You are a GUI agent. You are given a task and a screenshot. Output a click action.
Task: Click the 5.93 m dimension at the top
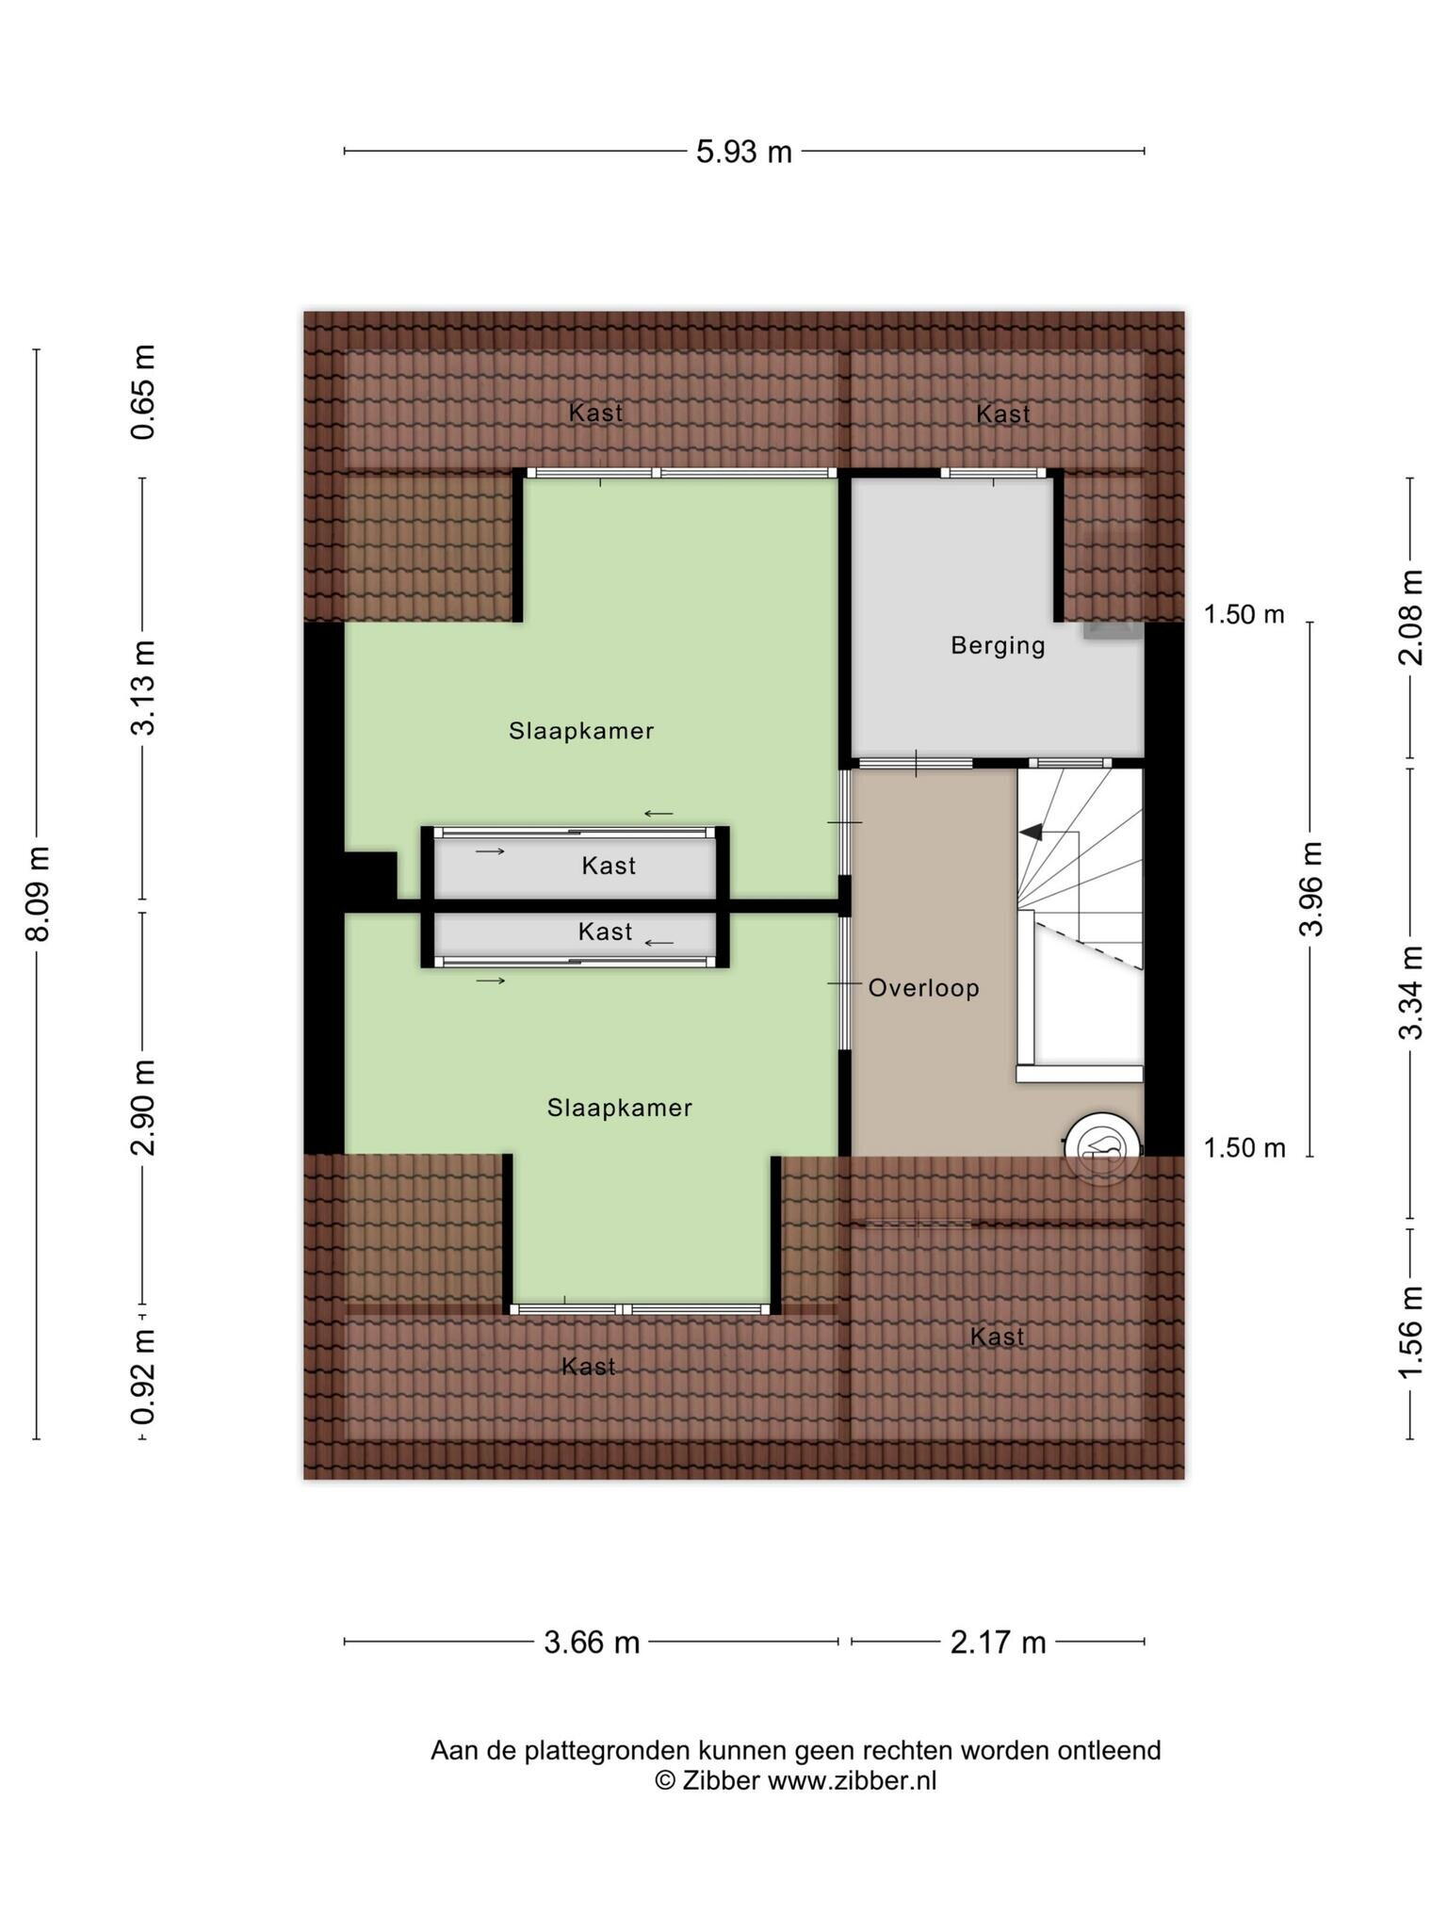click(743, 152)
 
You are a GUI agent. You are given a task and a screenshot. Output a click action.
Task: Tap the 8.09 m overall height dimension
click(39, 893)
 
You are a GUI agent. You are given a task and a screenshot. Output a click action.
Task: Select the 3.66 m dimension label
click(592, 1643)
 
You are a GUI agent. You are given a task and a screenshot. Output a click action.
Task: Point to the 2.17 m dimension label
click(998, 1643)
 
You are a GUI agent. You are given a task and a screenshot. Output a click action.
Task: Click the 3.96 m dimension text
click(1311, 888)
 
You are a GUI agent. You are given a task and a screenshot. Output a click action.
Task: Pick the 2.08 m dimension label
click(1410, 618)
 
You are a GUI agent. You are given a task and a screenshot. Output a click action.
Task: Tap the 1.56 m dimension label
click(1410, 1333)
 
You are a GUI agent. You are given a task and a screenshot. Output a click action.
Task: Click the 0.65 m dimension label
click(143, 392)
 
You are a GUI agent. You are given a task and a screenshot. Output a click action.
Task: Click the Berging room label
click(998, 646)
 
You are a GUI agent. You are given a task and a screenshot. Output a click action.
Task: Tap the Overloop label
click(923, 988)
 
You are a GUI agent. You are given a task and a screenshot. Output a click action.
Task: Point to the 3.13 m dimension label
click(143, 688)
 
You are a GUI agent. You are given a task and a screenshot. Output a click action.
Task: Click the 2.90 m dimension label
click(143, 1108)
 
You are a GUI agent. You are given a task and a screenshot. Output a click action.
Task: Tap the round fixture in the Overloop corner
click(1101, 1148)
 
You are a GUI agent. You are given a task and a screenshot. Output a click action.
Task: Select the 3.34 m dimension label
click(1410, 992)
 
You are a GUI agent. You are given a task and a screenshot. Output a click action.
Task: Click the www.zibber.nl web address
click(852, 1780)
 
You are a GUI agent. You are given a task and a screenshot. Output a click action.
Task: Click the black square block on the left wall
click(370, 876)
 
